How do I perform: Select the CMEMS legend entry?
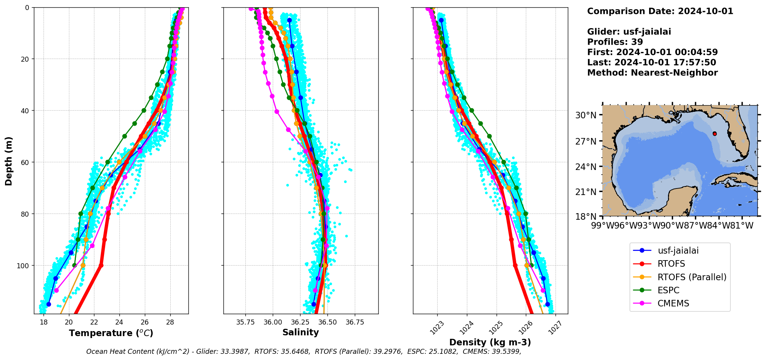[673, 303]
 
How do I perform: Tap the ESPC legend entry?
[668, 290]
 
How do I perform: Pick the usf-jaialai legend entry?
[678, 251]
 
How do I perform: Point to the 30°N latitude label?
[586, 115]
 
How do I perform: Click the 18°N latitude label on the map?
[586, 216]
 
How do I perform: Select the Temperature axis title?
[111, 333]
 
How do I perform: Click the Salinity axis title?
[300, 332]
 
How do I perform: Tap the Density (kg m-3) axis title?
[490, 342]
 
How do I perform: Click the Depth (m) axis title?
[8, 161]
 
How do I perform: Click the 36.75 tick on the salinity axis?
[354, 322]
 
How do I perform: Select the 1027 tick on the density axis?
[555, 328]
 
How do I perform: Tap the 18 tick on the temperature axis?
[44, 322]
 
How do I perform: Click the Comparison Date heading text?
[660, 11]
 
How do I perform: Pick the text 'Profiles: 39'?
[615, 42]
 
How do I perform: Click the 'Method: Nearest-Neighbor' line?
[652, 73]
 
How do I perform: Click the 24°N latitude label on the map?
[586, 167]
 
